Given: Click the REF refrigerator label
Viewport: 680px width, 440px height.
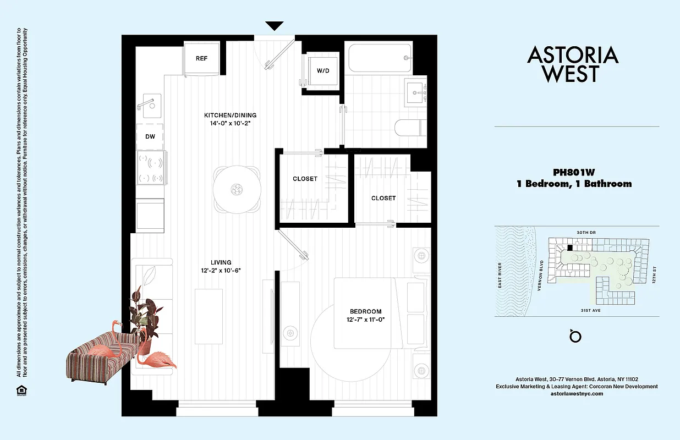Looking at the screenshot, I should (x=201, y=59).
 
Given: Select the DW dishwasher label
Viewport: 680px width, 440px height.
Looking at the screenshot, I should (x=150, y=137).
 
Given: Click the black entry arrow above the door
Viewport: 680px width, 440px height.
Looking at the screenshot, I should (x=274, y=26).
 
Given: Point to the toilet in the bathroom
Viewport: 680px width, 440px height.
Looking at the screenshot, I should (x=410, y=128).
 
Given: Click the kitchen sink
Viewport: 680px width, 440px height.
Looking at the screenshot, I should (x=149, y=102).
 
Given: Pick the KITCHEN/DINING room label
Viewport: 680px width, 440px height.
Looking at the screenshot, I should (x=230, y=116).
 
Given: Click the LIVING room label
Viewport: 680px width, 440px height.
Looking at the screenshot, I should (x=221, y=262).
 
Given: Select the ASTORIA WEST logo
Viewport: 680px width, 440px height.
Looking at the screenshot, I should (x=573, y=64).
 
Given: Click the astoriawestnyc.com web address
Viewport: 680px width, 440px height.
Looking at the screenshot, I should (x=577, y=394).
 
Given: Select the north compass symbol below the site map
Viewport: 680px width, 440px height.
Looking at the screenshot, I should (x=576, y=335).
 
